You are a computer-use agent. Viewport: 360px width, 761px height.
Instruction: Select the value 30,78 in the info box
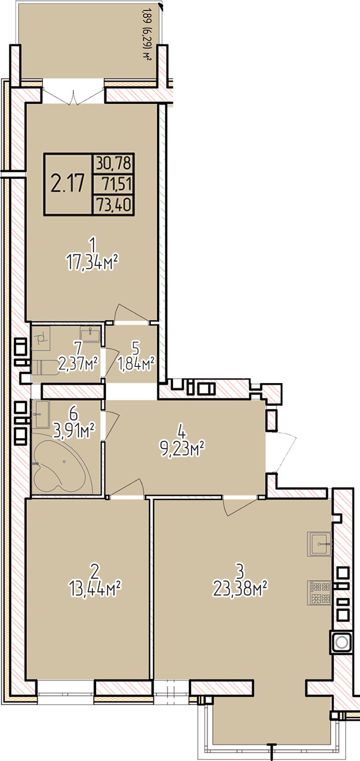tap(114, 163)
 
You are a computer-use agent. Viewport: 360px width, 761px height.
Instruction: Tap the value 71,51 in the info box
tap(116, 184)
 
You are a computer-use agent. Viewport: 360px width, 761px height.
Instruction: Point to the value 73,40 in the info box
tap(114, 204)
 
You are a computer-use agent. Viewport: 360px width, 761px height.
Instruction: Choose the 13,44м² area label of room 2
tap(95, 588)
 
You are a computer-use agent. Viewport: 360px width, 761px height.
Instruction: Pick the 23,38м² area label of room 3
tap(240, 588)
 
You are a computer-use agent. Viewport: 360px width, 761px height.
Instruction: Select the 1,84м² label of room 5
tap(136, 363)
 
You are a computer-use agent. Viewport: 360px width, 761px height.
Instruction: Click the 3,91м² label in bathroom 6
tap(74, 431)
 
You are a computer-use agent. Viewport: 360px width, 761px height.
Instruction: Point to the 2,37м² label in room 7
tap(78, 363)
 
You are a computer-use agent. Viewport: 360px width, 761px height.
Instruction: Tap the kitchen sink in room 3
tap(319, 544)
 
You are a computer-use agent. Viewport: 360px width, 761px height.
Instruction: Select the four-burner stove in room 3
tap(319, 592)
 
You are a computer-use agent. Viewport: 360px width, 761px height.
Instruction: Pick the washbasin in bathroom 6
tap(42, 414)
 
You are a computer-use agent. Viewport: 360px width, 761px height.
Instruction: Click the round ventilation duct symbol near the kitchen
tap(341, 643)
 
